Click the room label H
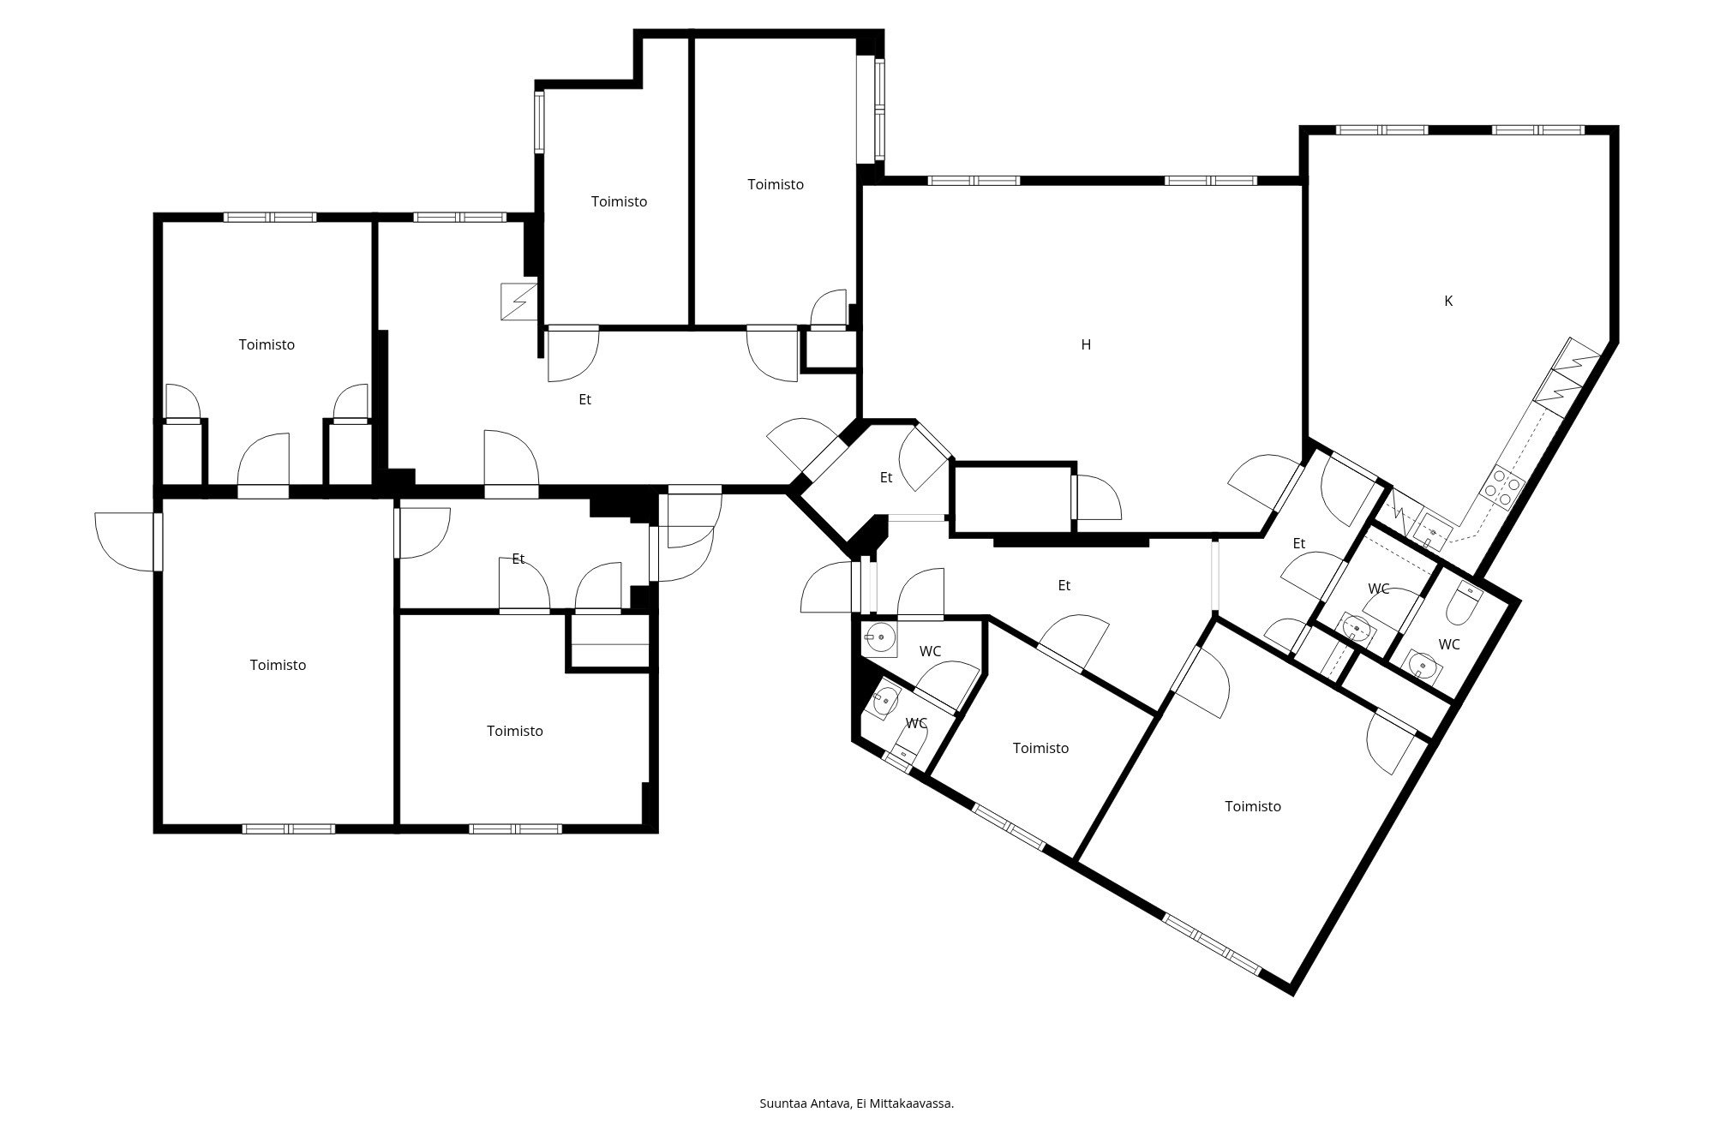(1086, 345)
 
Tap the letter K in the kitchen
(1448, 302)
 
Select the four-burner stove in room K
(1502, 487)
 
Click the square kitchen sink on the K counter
(1432, 533)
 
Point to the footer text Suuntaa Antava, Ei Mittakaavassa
(857, 1103)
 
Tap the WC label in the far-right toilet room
(1449, 645)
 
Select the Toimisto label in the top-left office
(267, 345)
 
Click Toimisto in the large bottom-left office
(278, 665)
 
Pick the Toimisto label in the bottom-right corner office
(1253, 806)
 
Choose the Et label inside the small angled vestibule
(886, 478)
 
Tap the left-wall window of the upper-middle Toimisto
(539, 123)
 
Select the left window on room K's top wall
(1381, 130)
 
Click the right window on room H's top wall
(1211, 181)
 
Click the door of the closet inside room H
(1097, 498)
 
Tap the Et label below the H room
(1064, 586)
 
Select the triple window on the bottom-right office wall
(1213, 944)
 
